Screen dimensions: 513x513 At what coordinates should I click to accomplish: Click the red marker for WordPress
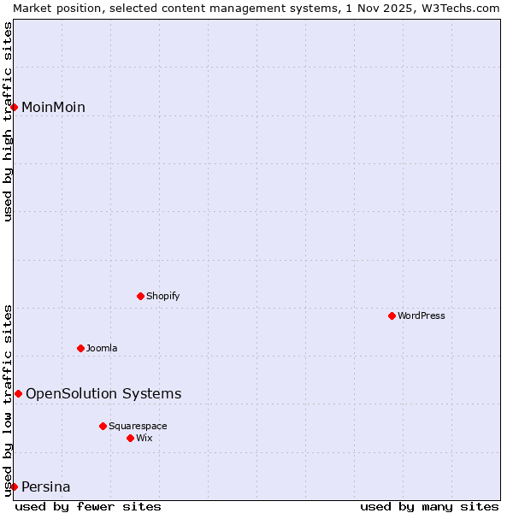tap(392, 315)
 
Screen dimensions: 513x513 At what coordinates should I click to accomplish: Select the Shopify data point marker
tap(140, 296)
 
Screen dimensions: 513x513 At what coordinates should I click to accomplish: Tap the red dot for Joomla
tap(80, 348)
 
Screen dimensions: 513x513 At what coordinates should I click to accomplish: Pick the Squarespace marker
tap(103, 426)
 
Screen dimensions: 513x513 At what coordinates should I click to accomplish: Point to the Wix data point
tap(130, 438)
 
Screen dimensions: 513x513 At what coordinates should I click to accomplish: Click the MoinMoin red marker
tap(14, 107)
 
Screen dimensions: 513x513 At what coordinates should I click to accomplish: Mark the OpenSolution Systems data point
tap(18, 393)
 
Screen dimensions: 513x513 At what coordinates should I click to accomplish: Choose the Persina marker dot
tap(14, 486)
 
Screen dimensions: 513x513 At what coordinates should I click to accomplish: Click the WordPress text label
tap(422, 316)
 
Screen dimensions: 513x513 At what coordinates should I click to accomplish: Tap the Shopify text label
tap(163, 297)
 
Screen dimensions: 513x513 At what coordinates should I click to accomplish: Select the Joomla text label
tap(102, 349)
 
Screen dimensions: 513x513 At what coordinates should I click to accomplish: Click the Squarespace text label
tap(138, 427)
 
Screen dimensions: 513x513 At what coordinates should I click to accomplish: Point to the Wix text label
tap(144, 439)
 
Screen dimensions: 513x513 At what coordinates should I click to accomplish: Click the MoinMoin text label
tap(53, 108)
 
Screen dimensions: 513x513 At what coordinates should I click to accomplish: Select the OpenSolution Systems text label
tap(103, 394)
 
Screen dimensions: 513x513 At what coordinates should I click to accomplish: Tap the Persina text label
tap(46, 487)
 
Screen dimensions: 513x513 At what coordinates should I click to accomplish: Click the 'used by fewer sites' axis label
tap(88, 506)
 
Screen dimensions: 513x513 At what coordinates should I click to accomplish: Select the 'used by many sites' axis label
tap(429, 506)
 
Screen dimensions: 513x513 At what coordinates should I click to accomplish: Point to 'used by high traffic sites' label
tap(9, 121)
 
